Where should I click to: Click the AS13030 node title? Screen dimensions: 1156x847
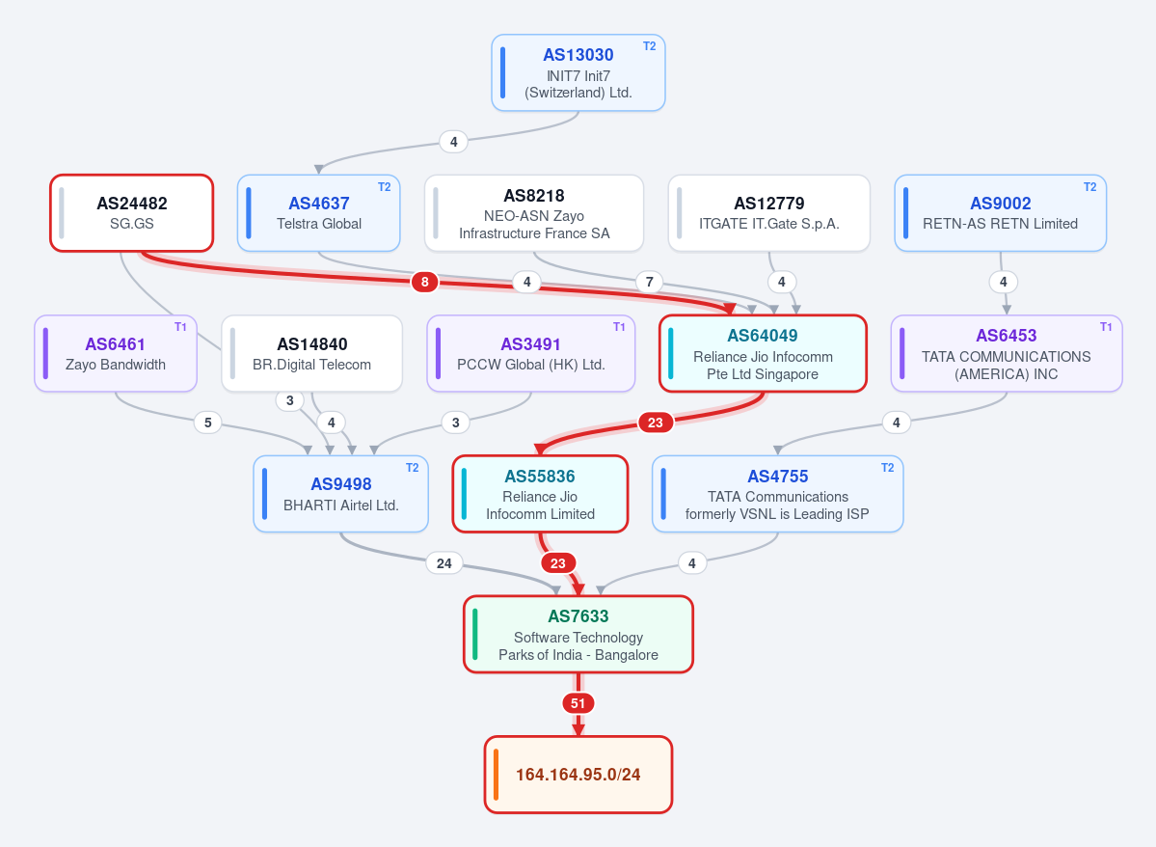[578, 55]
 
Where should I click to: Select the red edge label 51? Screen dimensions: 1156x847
[578, 703]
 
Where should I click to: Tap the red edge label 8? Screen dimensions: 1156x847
[424, 281]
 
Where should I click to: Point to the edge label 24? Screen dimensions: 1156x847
[444, 563]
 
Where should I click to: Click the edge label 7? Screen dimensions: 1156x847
[650, 281]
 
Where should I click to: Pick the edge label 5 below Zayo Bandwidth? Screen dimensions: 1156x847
[208, 422]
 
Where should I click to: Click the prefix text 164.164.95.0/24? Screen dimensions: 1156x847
[578, 775]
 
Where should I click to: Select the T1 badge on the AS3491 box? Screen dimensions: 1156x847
[619, 327]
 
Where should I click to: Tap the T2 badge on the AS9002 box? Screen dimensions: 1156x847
[1089, 186]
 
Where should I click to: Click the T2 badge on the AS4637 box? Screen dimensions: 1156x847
[384, 186]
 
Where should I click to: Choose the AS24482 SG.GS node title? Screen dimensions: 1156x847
[132, 203]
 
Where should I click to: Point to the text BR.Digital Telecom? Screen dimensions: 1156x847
[311, 365]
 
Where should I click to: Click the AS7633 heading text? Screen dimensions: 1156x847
[578, 616]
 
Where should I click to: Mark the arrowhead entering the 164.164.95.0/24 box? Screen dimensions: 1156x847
[578, 729]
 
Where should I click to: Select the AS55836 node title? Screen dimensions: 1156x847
[540, 476]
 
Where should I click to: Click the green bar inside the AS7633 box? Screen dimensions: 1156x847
[474, 635]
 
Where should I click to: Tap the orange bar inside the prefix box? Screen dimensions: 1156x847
[496, 775]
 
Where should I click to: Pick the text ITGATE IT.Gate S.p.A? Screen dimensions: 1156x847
[769, 224]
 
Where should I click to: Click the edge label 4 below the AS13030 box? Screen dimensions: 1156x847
[453, 142]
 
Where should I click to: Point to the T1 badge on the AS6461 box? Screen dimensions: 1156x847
[180, 327]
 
